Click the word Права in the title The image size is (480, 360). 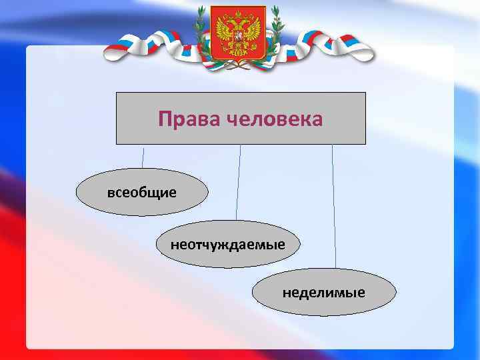coord(189,119)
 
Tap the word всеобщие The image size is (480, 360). coord(142,193)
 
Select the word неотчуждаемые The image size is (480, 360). coord(227,244)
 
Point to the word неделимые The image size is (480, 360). coord(323,292)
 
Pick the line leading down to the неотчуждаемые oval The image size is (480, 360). coord(238,183)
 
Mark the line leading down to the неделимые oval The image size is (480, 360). coord(333,207)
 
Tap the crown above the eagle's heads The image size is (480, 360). coord(238,11)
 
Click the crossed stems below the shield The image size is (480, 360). coord(238,65)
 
